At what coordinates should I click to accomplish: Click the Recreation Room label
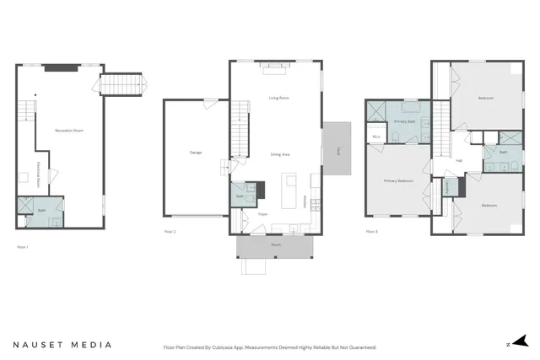[x=69, y=131]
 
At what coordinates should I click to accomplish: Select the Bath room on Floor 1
[x=40, y=211]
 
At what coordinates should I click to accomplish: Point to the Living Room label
[x=278, y=99]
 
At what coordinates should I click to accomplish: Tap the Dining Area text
[x=280, y=154]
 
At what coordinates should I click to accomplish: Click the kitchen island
[x=289, y=183]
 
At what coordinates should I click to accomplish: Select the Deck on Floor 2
[x=338, y=150]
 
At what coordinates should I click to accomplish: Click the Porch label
[x=275, y=245]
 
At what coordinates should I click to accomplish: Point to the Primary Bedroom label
[x=398, y=180]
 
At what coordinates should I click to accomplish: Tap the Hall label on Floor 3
[x=458, y=160]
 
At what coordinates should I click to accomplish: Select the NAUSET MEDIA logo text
[x=62, y=345]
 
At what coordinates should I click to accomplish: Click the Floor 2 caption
[x=170, y=230]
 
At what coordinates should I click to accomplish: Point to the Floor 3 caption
[x=371, y=230]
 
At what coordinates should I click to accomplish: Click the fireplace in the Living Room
[x=275, y=65]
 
